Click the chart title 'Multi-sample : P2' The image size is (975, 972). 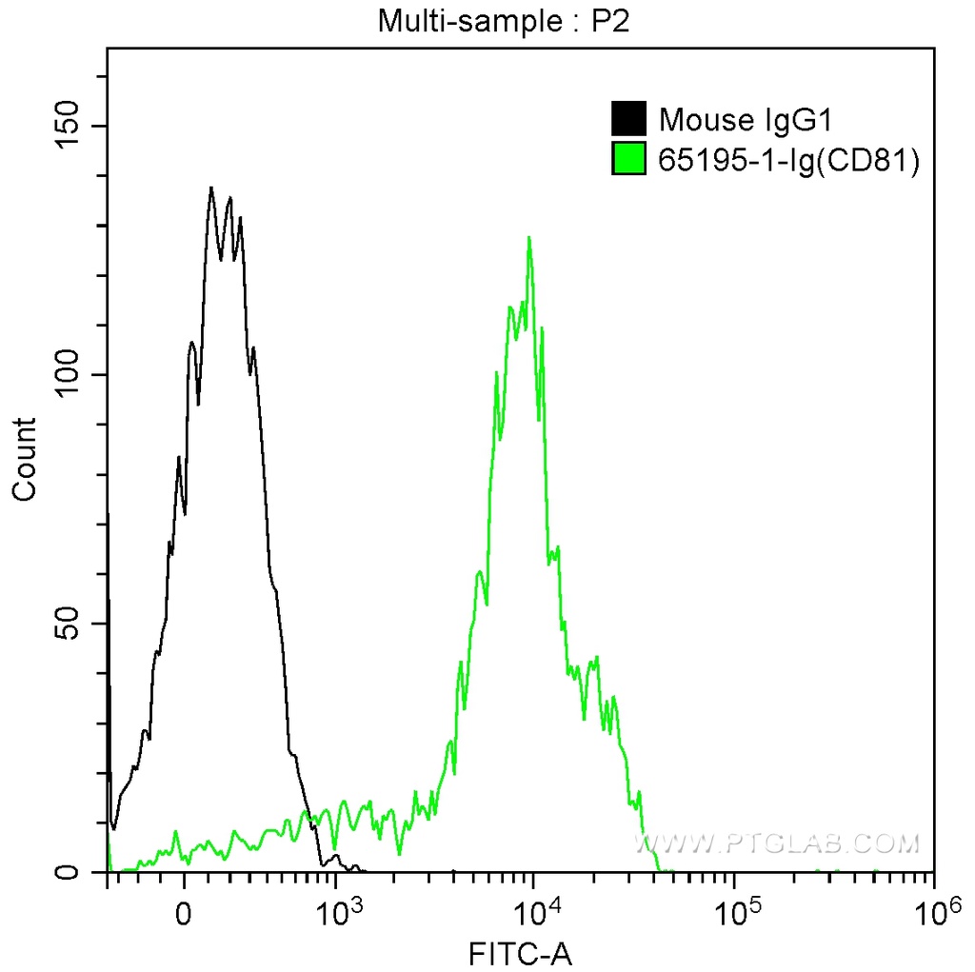505,20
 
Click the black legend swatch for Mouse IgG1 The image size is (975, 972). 628,120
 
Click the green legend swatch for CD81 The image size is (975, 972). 628,160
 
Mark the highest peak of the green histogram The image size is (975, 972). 528,238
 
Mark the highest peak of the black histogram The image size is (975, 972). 211,188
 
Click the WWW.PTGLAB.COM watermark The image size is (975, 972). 778,843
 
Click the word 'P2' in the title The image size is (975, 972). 611,20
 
